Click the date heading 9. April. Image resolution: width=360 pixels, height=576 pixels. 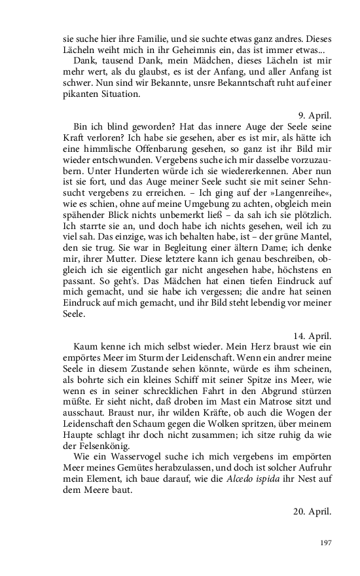coord(315,115)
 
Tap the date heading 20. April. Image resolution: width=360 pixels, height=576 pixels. coord(312,511)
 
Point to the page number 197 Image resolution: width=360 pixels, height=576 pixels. coord(325,543)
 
